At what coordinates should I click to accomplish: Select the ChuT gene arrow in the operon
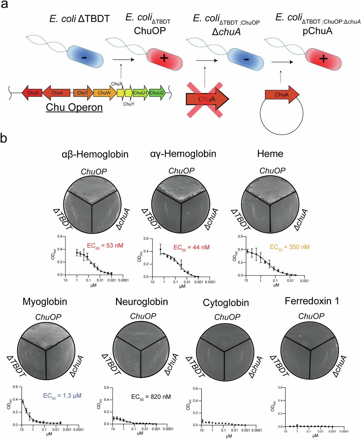click(x=83, y=93)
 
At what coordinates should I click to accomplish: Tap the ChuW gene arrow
click(x=104, y=93)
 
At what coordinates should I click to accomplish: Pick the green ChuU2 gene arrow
click(x=157, y=93)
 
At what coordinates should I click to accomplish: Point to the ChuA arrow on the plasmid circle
click(x=282, y=95)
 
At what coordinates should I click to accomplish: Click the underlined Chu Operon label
click(x=74, y=107)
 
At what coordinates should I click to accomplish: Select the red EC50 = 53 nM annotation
click(x=105, y=246)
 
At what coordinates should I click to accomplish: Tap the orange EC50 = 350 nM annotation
click(x=289, y=247)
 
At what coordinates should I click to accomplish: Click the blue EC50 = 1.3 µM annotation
click(x=62, y=396)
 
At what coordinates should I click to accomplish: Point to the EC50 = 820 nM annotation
click(x=151, y=397)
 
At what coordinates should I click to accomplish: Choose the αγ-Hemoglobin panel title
click(x=183, y=154)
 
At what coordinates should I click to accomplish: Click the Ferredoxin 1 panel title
click(x=312, y=301)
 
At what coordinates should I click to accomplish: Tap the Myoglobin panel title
click(x=45, y=302)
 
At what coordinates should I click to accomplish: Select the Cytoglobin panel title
click(x=226, y=302)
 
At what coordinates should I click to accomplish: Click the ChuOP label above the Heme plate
click(x=273, y=171)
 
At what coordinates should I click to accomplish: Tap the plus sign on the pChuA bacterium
click(x=323, y=58)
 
